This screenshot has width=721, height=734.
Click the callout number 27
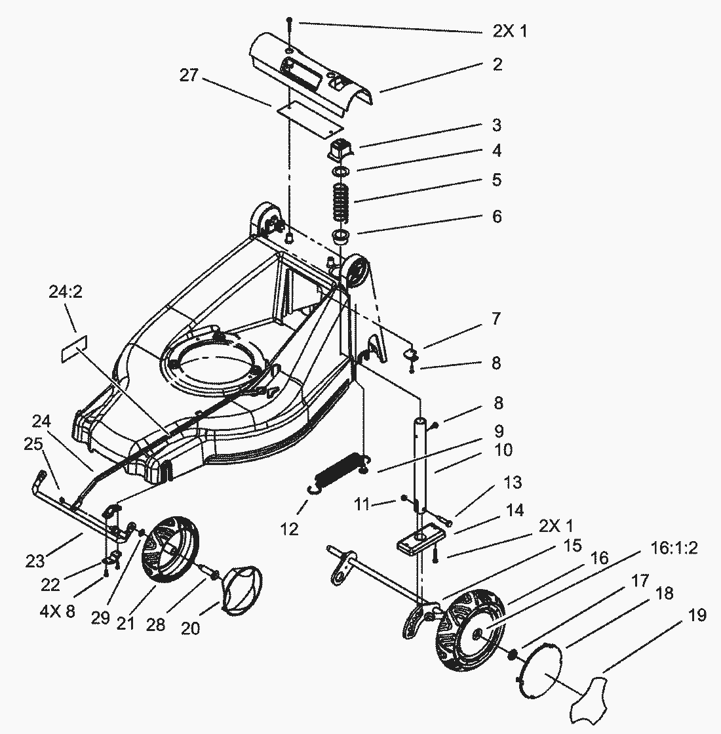coord(189,75)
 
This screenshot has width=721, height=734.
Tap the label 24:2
coord(66,292)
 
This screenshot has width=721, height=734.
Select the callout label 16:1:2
coord(674,548)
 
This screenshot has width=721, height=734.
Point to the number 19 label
coord(697,615)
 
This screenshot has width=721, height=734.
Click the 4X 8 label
coord(57,611)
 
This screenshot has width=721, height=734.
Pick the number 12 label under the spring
coord(289,529)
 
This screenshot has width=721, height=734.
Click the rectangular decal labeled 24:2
coord(74,349)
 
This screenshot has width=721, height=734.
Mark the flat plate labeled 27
coord(310,117)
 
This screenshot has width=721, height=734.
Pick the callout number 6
coord(497,216)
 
